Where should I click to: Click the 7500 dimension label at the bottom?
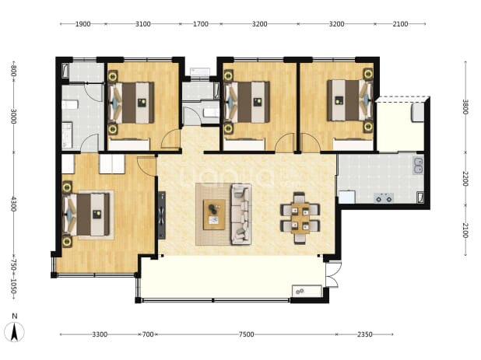point(246,334)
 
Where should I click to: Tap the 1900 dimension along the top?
point(83,24)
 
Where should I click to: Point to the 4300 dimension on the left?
point(13,204)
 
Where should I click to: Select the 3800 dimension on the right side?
point(465,107)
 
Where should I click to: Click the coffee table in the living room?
point(214,214)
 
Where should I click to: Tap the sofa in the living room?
point(241,214)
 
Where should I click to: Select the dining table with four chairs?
point(300,218)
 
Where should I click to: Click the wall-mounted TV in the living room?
point(162,215)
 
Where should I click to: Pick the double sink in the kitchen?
point(418,166)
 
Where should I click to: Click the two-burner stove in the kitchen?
point(384,197)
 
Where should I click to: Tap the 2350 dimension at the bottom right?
point(365,334)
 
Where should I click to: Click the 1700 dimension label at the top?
point(201,24)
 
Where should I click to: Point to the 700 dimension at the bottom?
point(148,334)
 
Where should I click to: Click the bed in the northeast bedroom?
point(350,100)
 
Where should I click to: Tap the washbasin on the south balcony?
point(307,292)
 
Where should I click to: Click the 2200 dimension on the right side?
point(465,178)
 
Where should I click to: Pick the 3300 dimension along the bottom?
point(100,334)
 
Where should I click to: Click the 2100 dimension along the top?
point(400,24)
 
